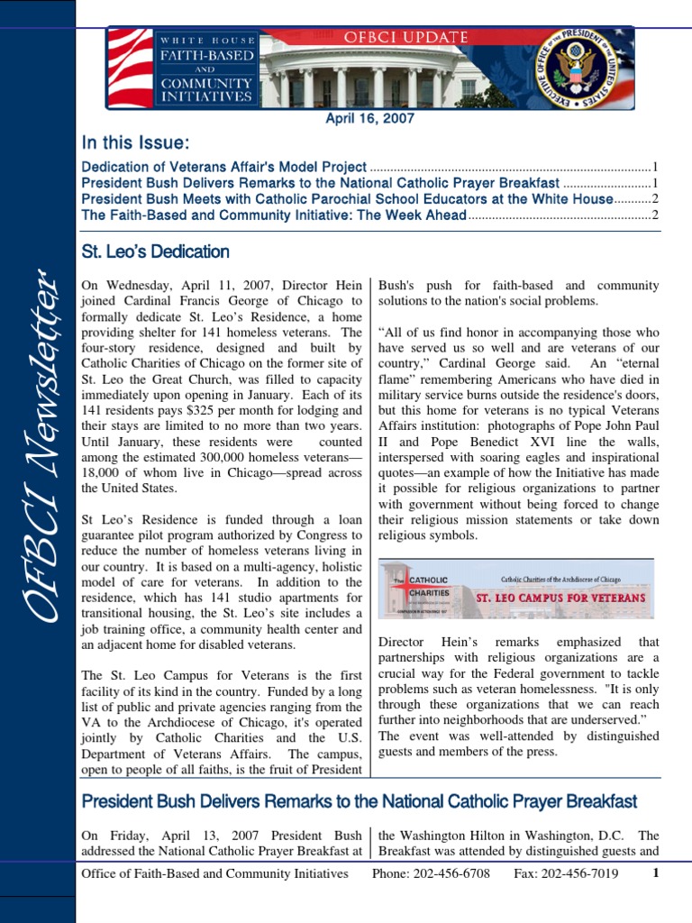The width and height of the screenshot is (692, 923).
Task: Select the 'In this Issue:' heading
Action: pos(135,143)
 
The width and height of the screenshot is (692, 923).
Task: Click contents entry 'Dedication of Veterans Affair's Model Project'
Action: pos(223,167)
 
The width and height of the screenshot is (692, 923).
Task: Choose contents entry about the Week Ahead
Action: pos(274,215)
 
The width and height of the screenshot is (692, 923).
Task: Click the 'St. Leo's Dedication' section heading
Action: pos(155,251)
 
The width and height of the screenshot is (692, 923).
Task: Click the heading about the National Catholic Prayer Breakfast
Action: pos(359,801)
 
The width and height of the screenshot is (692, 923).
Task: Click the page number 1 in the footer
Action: pos(656,873)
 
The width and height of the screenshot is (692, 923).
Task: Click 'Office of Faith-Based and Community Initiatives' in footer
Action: pos(214,873)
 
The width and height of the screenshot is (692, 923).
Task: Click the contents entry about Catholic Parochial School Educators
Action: pos(347,199)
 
